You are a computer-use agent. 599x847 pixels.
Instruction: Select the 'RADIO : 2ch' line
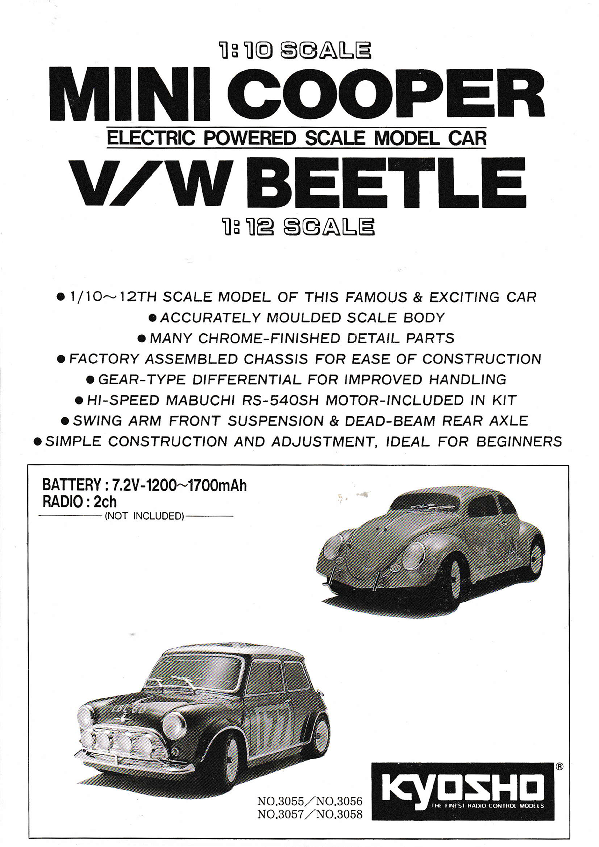point(80,502)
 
